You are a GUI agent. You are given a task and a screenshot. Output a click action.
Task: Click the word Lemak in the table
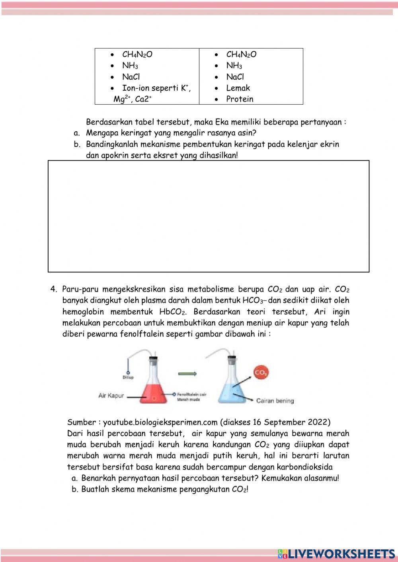(x=238, y=88)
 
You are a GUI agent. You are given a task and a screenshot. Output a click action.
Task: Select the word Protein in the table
(x=240, y=99)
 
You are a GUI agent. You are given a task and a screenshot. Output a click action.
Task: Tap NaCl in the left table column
(x=131, y=77)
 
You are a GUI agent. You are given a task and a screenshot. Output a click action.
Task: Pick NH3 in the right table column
(x=234, y=66)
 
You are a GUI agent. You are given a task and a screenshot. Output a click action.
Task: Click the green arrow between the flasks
(x=187, y=373)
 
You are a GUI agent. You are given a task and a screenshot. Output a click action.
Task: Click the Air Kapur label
(x=111, y=396)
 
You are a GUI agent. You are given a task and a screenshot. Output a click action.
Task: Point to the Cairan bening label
(x=275, y=401)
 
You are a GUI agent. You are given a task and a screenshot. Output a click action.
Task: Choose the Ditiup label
(x=128, y=377)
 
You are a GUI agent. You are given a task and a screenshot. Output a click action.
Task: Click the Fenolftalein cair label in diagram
(x=192, y=394)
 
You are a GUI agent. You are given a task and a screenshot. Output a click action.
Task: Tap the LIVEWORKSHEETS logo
(x=336, y=554)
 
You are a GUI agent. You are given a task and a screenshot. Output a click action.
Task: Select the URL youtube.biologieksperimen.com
(x=160, y=422)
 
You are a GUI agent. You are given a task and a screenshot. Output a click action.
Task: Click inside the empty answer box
(x=209, y=216)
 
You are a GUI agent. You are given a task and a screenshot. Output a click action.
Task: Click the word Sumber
(x=82, y=422)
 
